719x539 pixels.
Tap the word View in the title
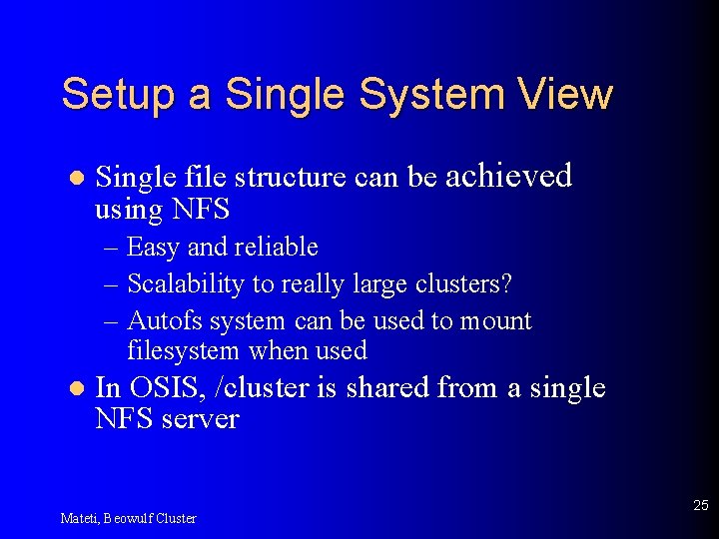(x=565, y=94)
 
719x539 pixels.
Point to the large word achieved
(x=508, y=176)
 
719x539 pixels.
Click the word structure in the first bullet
(x=291, y=178)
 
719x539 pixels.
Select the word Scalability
(x=186, y=283)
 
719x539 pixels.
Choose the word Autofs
(x=159, y=321)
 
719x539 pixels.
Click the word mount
(x=495, y=322)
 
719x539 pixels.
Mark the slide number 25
(x=700, y=506)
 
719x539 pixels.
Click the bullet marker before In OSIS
(x=72, y=388)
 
